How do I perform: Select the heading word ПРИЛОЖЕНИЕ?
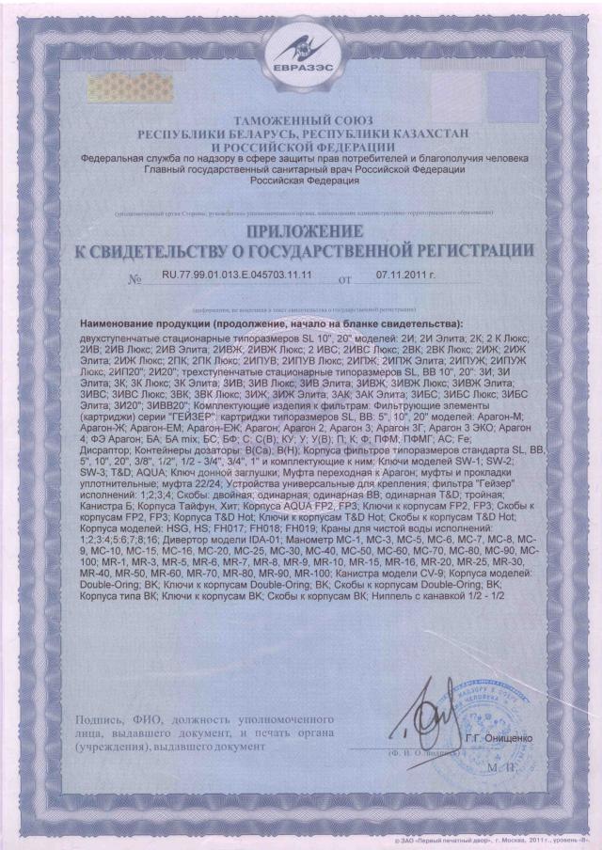[301, 230]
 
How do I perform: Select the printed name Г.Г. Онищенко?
[498, 739]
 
